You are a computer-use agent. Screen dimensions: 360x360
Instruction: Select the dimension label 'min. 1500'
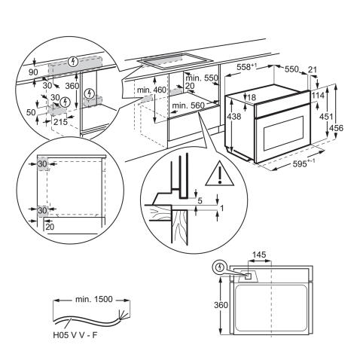coord(94,299)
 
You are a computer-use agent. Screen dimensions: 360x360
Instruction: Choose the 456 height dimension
coord(348,128)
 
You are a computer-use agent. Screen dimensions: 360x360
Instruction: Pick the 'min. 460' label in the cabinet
coord(151,90)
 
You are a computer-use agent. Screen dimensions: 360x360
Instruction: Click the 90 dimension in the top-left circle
coord(32,72)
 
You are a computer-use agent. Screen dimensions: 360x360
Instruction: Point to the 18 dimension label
coord(252,97)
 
